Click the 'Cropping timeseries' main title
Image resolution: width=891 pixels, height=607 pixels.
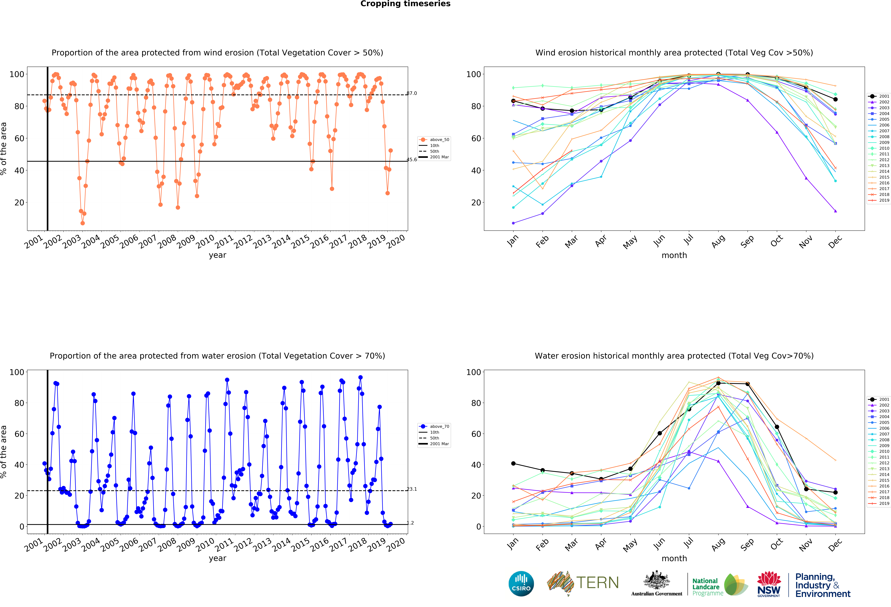click(405, 4)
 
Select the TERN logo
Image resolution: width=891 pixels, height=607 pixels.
click(583, 583)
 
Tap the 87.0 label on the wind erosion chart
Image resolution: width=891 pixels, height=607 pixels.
click(412, 93)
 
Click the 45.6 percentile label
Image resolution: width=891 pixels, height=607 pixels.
click(412, 159)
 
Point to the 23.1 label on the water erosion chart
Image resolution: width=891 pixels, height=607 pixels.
click(412, 489)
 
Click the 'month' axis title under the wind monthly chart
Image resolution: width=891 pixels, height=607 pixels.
click(674, 255)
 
